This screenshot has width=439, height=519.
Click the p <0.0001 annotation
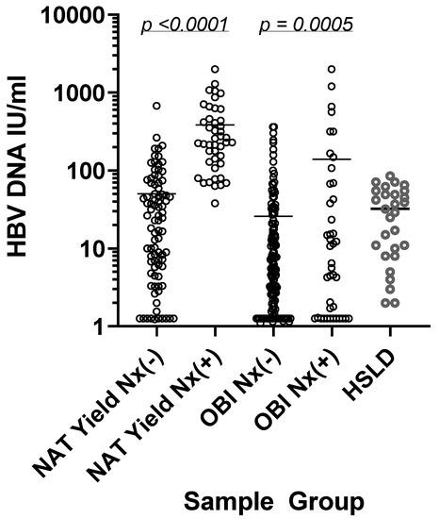click(x=185, y=24)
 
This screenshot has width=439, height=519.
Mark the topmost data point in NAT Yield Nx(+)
click(x=215, y=69)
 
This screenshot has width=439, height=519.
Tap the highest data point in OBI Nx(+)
click(x=332, y=69)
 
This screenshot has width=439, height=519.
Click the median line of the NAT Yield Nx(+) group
click(x=215, y=125)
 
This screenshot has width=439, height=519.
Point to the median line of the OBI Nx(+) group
click(x=332, y=159)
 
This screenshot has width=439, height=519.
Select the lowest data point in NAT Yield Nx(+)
click(x=215, y=203)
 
